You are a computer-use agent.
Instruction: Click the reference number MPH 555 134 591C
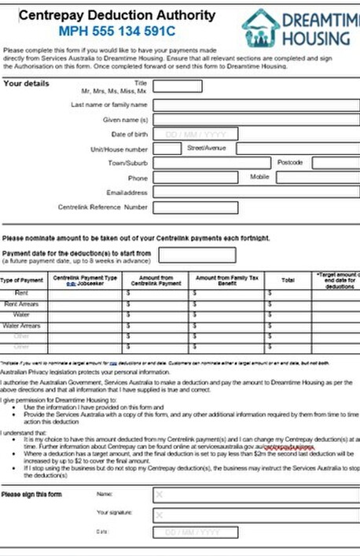pos(116,31)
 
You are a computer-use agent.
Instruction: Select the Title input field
pos(177,87)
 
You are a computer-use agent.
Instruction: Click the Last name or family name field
pos(255,104)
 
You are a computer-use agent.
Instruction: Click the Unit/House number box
pos(167,148)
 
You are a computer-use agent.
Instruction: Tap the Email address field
pos(255,192)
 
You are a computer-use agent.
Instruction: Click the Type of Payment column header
pos(21,280)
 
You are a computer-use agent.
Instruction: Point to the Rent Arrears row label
pos(21,304)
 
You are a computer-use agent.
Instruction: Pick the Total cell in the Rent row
pos(288,293)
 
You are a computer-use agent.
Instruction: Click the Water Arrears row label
pos(21,325)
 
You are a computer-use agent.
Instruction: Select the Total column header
pos(288,279)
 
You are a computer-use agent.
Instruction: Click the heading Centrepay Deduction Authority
pos(116,15)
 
